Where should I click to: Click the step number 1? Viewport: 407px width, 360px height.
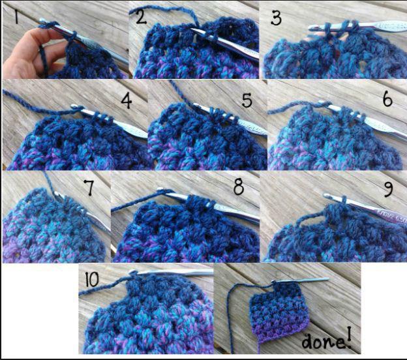[x=16, y=16]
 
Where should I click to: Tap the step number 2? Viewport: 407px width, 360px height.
[x=141, y=18]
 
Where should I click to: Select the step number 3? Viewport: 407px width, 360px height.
[x=276, y=19]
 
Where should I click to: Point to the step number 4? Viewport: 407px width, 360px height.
[x=127, y=101]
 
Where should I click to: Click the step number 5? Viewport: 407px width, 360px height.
[x=247, y=100]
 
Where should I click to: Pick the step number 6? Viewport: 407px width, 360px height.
[x=387, y=99]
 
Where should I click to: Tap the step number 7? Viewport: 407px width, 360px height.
[x=89, y=187]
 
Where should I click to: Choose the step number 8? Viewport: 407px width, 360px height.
[x=239, y=187]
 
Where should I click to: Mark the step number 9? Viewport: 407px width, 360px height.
[x=388, y=189]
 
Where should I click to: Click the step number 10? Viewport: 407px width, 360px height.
[x=92, y=280]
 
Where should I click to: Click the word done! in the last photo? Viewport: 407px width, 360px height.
[x=327, y=338]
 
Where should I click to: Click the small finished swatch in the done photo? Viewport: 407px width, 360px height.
[x=279, y=312]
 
